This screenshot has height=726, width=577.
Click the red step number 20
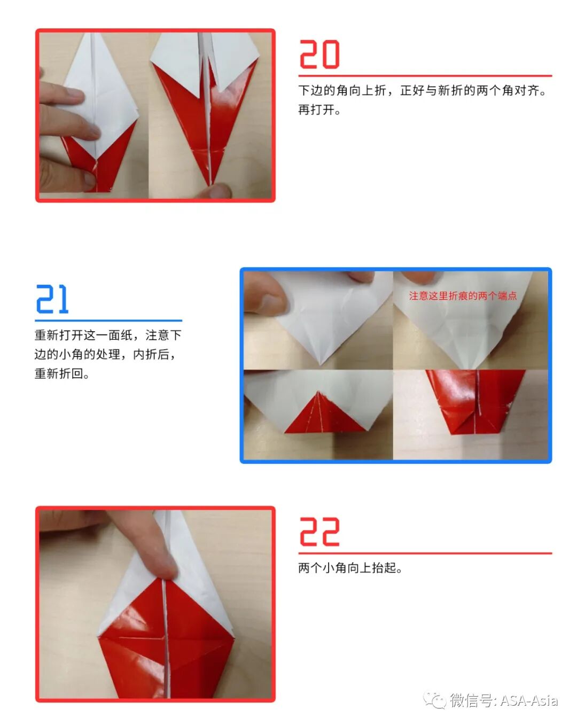pos(319,54)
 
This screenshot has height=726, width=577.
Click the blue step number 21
pos(52,299)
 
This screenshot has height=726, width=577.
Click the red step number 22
pos(319,532)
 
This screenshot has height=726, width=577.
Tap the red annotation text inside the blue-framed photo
pos(463,295)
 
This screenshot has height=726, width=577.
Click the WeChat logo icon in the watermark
pos(434,700)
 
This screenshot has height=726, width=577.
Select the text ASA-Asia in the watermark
pos(529,700)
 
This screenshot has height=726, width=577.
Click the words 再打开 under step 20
pos(318,110)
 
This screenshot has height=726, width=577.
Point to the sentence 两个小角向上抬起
pos(349,568)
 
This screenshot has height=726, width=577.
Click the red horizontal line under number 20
pos(425,76)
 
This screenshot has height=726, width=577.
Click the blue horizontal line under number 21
pos(108,321)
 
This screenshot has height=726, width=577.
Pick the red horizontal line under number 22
pos(425,553)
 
